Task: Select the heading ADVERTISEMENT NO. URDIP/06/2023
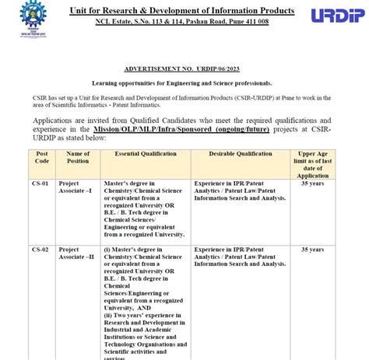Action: coord(183,69)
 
